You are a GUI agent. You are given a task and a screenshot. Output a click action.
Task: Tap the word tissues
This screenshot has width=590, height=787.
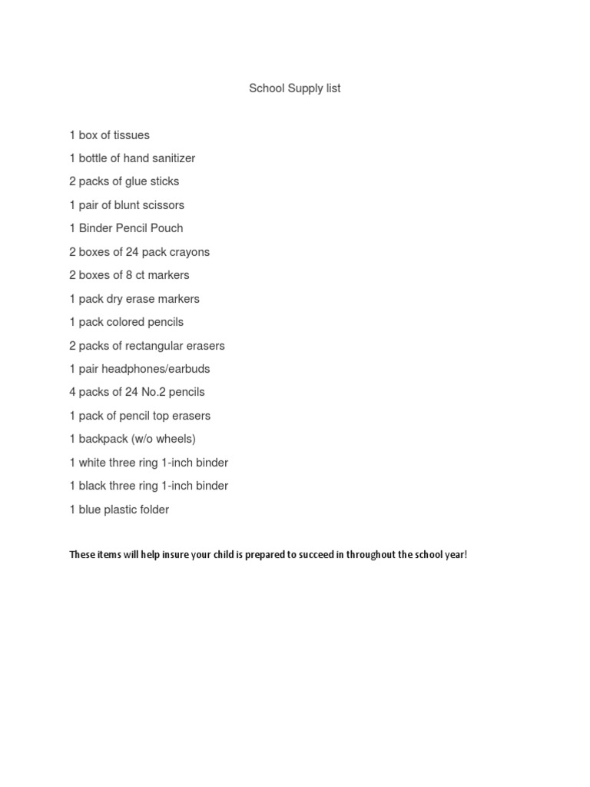(x=131, y=135)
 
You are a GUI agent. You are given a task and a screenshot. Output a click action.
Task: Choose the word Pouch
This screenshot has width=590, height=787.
(x=168, y=228)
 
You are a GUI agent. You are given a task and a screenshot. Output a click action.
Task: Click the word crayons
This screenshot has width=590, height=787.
(x=187, y=252)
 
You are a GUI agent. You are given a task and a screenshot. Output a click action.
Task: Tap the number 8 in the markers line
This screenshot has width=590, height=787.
(x=128, y=275)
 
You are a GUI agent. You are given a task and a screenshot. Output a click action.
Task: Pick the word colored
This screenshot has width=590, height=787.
(x=124, y=322)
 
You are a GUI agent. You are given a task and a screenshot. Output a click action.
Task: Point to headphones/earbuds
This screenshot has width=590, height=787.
(x=159, y=369)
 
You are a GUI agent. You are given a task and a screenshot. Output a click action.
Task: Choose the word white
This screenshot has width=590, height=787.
(x=93, y=463)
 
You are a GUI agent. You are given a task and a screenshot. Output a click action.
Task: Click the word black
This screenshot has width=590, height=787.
(x=93, y=486)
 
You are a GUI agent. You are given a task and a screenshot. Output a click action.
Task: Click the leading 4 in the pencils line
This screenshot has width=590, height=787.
(x=72, y=392)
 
